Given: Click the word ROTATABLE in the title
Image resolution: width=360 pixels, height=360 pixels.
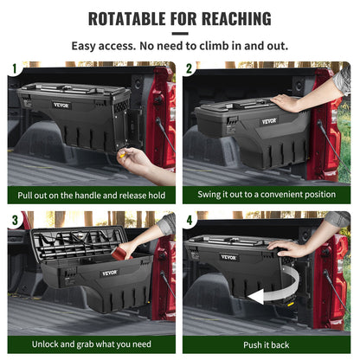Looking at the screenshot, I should point(132,19).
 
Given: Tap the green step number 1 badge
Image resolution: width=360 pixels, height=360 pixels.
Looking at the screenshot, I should point(12,68).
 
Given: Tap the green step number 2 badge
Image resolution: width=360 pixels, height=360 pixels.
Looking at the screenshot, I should point(190,68).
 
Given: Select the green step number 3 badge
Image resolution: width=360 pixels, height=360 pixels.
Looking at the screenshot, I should point(12,219).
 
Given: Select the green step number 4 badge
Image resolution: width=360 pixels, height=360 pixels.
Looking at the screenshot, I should point(190,219).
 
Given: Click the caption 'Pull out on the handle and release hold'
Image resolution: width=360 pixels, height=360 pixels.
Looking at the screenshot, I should point(91,196).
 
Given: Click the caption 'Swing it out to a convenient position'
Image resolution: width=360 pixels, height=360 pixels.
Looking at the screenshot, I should point(267,196).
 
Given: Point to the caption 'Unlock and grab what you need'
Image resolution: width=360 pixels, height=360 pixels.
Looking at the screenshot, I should point(91,344).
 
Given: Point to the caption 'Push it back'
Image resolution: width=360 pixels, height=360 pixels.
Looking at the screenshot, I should point(267,344).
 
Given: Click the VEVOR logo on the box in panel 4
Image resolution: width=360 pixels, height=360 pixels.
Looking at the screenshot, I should point(228,257).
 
